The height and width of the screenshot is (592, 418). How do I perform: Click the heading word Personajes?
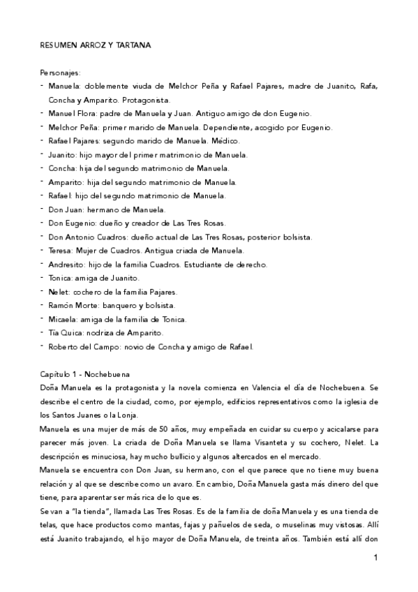pyautogui.click(x=61, y=72)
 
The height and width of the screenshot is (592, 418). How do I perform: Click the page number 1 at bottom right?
pyautogui.click(x=375, y=557)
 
